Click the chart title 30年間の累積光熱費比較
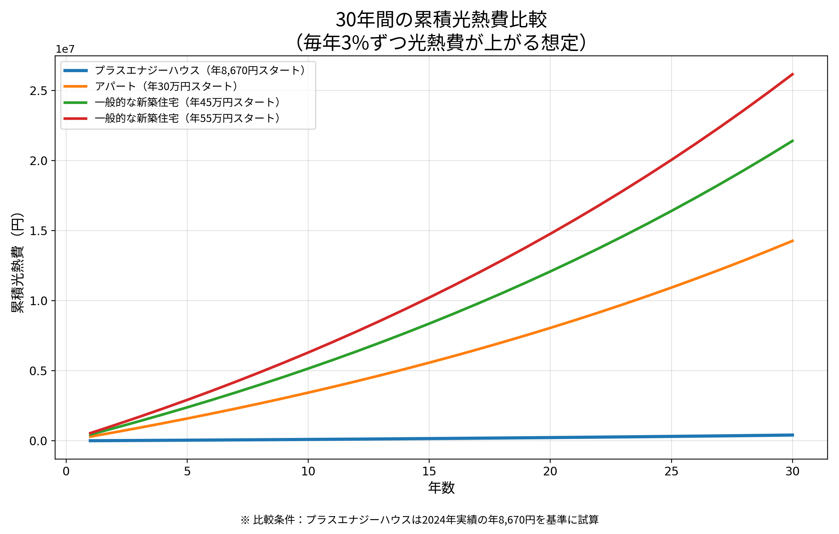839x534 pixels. point(441,20)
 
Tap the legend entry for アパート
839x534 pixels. point(166,86)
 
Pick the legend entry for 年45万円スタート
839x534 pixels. point(188,103)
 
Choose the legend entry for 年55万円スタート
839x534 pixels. point(188,119)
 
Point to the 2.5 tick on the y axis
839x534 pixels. point(38,91)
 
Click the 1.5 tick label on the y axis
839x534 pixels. point(38,231)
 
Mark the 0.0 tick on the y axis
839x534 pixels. point(38,441)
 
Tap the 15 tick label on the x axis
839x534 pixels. point(429,472)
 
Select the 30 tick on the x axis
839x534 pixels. point(792,472)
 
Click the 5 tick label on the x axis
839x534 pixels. point(187,472)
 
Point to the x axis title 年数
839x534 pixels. point(441,488)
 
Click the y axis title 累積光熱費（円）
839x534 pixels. point(17,263)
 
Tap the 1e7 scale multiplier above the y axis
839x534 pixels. point(65,50)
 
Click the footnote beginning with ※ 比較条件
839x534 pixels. point(419,520)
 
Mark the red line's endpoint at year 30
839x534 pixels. point(793,74)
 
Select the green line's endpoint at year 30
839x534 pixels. point(793,141)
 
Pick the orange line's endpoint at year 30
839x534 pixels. point(793,241)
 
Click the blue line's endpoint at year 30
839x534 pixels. point(793,435)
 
